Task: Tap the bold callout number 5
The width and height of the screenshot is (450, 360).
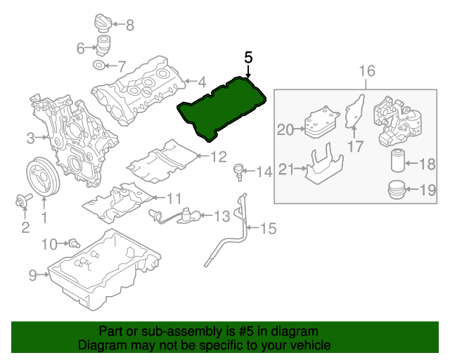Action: [248, 58]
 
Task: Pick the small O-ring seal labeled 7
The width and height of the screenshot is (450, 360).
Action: [100, 67]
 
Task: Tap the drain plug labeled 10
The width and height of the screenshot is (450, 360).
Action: [72, 243]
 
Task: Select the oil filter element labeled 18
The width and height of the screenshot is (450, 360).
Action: [399, 162]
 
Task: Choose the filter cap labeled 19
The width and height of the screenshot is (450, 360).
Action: [398, 190]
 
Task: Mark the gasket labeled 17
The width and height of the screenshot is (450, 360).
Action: [356, 112]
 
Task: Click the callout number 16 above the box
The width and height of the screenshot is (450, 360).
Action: [367, 71]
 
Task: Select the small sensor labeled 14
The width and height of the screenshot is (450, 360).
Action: [239, 170]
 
